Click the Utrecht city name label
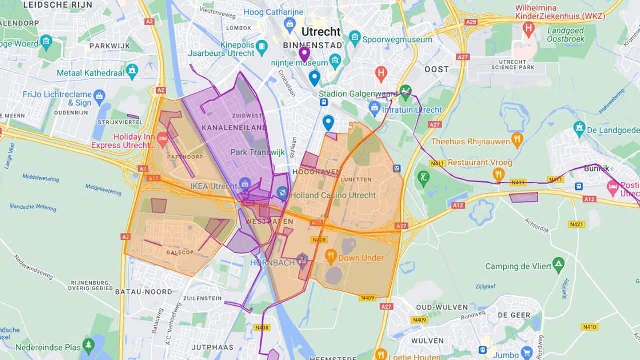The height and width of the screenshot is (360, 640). (x=321, y=32)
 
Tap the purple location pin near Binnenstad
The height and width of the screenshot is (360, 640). (x=304, y=53)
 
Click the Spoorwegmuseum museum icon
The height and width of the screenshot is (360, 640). (x=355, y=37)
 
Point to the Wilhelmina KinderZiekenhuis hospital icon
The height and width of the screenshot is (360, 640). (x=528, y=28)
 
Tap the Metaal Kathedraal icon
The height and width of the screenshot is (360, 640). (x=132, y=70)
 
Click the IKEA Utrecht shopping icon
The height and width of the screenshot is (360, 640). (x=245, y=184)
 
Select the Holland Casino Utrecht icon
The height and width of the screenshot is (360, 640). (x=282, y=192)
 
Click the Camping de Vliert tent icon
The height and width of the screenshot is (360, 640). (x=558, y=263)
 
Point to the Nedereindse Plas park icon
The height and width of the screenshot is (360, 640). (x=88, y=344)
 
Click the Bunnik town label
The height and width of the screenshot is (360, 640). (x=596, y=168)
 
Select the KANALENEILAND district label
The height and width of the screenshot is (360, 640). (x=227, y=128)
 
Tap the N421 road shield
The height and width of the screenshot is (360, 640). (x=576, y=224)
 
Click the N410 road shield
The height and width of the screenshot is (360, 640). (x=589, y=327)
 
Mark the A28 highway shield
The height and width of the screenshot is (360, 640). (x=471, y=22)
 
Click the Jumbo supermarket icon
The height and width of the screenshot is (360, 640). (x=526, y=353)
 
